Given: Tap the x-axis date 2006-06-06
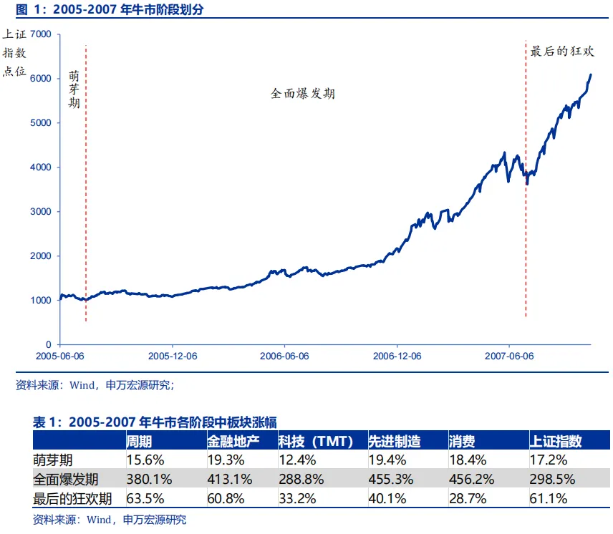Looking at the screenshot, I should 284,356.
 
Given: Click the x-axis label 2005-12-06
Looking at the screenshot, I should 172,356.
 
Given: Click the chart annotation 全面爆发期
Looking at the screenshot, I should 303,94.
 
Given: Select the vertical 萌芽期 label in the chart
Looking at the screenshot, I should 74,89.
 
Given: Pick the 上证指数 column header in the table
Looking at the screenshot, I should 556,440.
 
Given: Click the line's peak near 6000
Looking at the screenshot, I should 590,74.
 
